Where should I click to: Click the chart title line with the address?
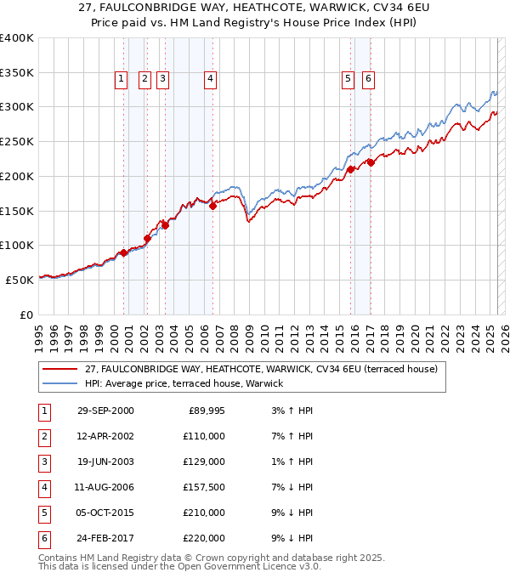coord(254,9)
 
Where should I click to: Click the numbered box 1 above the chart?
coord(121,80)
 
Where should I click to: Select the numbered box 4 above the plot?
coord(209,80)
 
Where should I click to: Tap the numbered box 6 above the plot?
coord(368,80)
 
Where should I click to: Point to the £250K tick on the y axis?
coord(17,141)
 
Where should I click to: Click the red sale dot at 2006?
coord(212,205)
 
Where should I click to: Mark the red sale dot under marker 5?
coord(350,169)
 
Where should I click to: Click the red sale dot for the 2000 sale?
coord(124,252)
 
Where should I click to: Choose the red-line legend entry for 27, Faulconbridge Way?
coord(260,369)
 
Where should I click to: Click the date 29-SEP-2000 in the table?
coord(105,411)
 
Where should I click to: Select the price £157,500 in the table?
coord(205,487)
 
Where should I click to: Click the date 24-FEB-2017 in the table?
coord(105,538)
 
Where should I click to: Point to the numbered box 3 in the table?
coord(43,462)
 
